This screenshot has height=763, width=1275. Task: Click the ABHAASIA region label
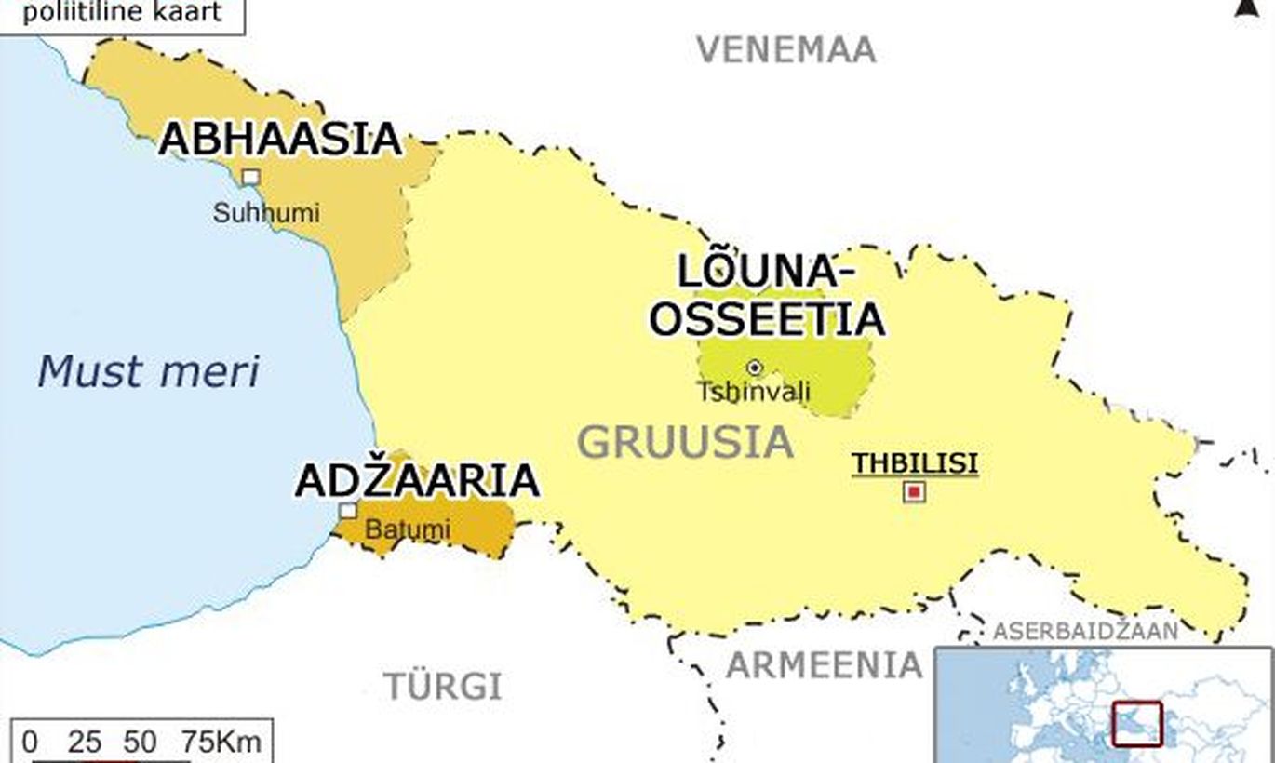(280, 139)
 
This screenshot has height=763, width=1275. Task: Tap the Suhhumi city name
(266, 213)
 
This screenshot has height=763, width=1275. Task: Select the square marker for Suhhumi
(250, 177)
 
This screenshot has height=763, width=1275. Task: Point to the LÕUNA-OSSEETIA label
(766, 295)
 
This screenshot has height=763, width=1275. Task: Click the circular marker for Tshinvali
(754, 368)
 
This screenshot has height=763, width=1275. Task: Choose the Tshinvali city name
(754, 392)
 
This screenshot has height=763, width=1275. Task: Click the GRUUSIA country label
(685, 442)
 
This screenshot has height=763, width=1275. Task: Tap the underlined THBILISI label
(915, 463)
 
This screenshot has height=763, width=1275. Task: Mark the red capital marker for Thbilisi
(915, 491)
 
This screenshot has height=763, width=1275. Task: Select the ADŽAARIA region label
(417, 481)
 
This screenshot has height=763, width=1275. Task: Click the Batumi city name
(407, 530)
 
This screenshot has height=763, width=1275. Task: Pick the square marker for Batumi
(347, 510)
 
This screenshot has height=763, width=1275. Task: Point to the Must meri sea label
(149, 371)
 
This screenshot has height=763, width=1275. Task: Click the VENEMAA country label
(786, 49)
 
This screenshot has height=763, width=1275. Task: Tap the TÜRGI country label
(443, 687)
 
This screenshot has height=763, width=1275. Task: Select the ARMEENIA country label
(824, 665)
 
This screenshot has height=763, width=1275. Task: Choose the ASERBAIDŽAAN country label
(1085, 631)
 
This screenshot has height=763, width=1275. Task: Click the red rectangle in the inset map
(1136, 723)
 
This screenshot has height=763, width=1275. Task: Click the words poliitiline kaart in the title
(123, 13)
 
